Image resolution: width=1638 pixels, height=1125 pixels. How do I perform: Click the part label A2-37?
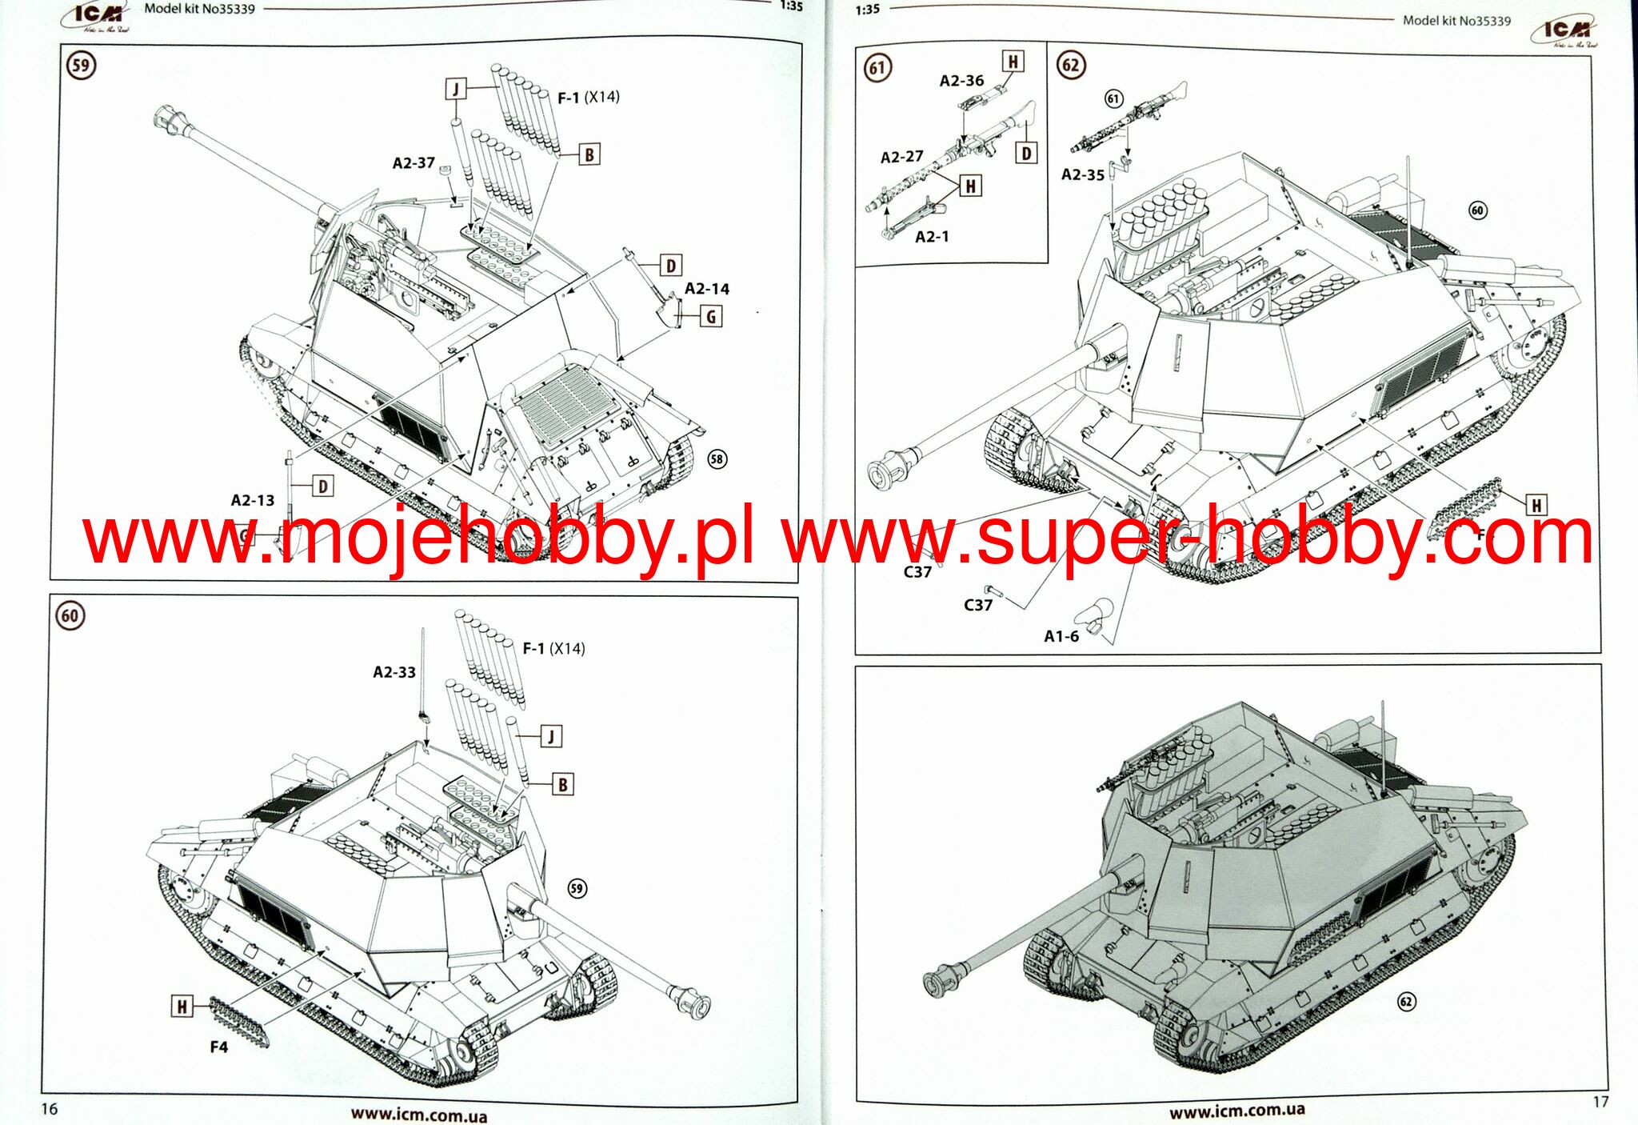click(x=413, y=163)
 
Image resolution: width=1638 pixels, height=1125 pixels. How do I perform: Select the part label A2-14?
click(x=706, y=289)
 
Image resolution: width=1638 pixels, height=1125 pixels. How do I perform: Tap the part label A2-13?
click(x=252, y=500)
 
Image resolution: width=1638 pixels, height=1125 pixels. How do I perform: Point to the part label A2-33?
click(x=394, y=672)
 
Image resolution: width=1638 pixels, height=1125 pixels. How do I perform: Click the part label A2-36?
click(x=961, y=81)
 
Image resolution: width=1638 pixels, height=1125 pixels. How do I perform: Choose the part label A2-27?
click(x=901, y=157)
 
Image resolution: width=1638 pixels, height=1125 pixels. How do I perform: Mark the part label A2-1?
click(x=932, y=237)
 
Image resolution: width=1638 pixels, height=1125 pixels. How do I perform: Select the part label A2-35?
click(x=1082, y=174)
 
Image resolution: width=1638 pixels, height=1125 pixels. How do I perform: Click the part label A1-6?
click(x=1061, y=636)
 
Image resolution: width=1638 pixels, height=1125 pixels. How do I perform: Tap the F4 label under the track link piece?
click(x=218, y=1047)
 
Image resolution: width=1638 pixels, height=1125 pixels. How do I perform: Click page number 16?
click(x=50, y=1108)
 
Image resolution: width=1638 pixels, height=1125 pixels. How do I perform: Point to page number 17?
click(x=1600, y=1102)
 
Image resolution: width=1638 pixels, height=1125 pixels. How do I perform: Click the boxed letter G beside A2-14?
click(x=710, y=316)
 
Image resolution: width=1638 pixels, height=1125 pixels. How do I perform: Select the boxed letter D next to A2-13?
click(x=322, y=486)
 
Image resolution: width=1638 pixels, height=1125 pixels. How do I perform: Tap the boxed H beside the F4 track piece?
click(x=182, y=1007)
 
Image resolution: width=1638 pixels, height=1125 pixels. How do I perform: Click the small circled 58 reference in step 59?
click(x=717, y=459)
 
